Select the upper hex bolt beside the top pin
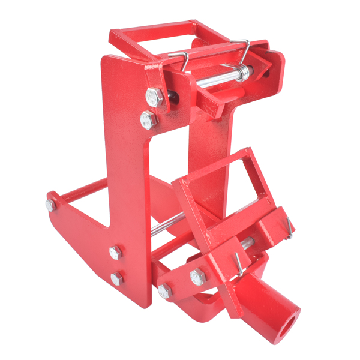coord(153,96)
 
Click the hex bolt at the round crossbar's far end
coord(50,205)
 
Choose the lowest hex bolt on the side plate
coord(116,278)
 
